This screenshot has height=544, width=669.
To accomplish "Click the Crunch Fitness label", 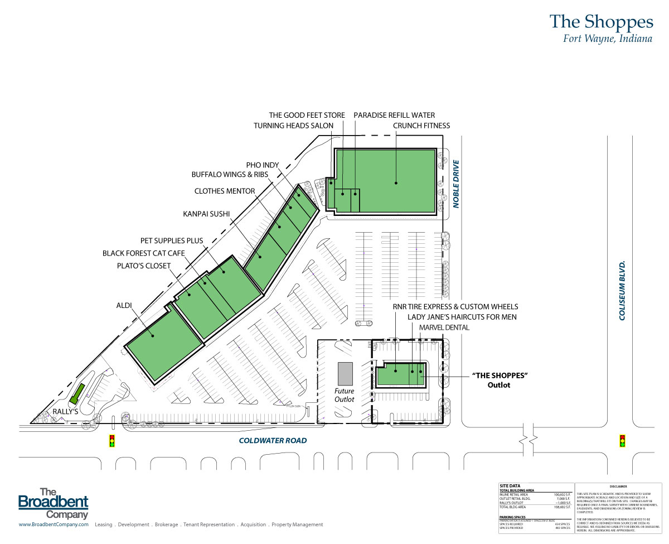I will coord(421,126).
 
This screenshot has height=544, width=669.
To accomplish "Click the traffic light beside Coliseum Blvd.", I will coord(622,441).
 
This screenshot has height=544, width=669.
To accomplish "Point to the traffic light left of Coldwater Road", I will coord(111,441).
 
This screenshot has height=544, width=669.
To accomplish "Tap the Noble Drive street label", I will coord(455,184).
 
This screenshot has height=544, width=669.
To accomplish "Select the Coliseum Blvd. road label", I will coord(623,290).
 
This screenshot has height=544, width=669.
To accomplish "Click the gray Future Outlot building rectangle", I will coord(345,372).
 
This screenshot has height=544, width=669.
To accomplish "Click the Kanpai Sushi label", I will coord(206,213).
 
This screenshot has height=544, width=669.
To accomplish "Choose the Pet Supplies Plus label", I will coord(171,240).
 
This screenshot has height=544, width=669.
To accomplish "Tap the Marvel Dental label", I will coord(444,328).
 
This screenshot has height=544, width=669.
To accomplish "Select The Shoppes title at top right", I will coord(601,22).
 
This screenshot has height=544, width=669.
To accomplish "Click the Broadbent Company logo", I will coord(54,504).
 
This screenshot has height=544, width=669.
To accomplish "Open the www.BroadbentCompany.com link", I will coord(54,524).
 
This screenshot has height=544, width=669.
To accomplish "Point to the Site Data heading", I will coord(510,486).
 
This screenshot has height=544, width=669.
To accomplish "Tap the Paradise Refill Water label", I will coord(394,115).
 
